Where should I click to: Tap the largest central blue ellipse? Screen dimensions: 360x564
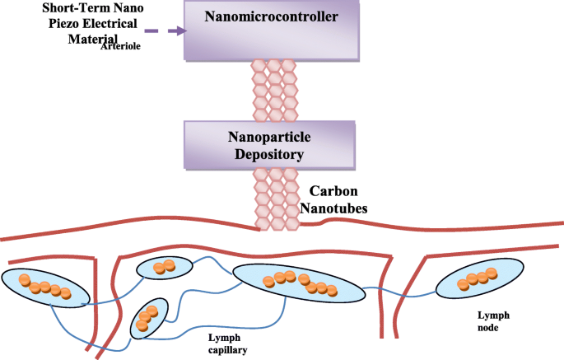[x=298, y=284]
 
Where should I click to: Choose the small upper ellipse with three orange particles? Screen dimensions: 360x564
[x=162, y=267]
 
